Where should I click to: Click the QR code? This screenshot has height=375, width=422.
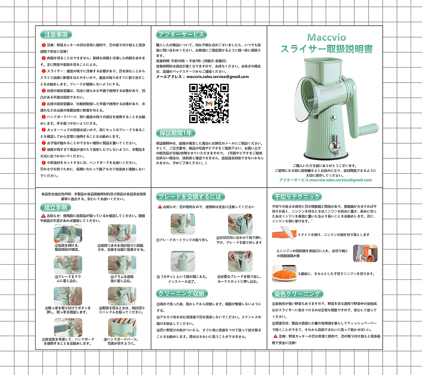point(209,103)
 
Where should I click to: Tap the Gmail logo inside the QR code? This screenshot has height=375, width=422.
point(209,103)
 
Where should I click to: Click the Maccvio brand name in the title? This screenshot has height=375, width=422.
point(326,38)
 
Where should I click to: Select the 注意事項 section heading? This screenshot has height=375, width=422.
point(56,35)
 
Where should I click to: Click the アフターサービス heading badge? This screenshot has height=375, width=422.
point(181,34)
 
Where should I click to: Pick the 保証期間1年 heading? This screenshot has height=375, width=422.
point(176,133)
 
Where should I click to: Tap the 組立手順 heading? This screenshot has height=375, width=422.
point(55,207)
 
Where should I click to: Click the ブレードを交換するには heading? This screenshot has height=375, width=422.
point(190,197)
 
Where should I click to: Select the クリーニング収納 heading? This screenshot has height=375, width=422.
point(182,293)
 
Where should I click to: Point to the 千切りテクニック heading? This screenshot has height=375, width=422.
point(297,197)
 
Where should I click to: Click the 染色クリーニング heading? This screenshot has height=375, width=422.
point(297,294)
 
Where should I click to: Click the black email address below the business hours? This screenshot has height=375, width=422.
point(218,77)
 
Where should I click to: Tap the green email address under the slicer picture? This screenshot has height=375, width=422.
point(341,180)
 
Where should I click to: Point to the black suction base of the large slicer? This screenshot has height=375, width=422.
point(326,156)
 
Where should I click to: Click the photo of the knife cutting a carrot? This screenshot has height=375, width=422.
point(284,233)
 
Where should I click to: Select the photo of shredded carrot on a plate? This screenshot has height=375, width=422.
point(284,274)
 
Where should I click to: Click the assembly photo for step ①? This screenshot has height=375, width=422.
point(68,233)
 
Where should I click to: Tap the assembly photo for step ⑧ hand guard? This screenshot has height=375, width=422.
point(122,327)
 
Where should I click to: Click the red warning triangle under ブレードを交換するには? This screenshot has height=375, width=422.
point(160,207)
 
